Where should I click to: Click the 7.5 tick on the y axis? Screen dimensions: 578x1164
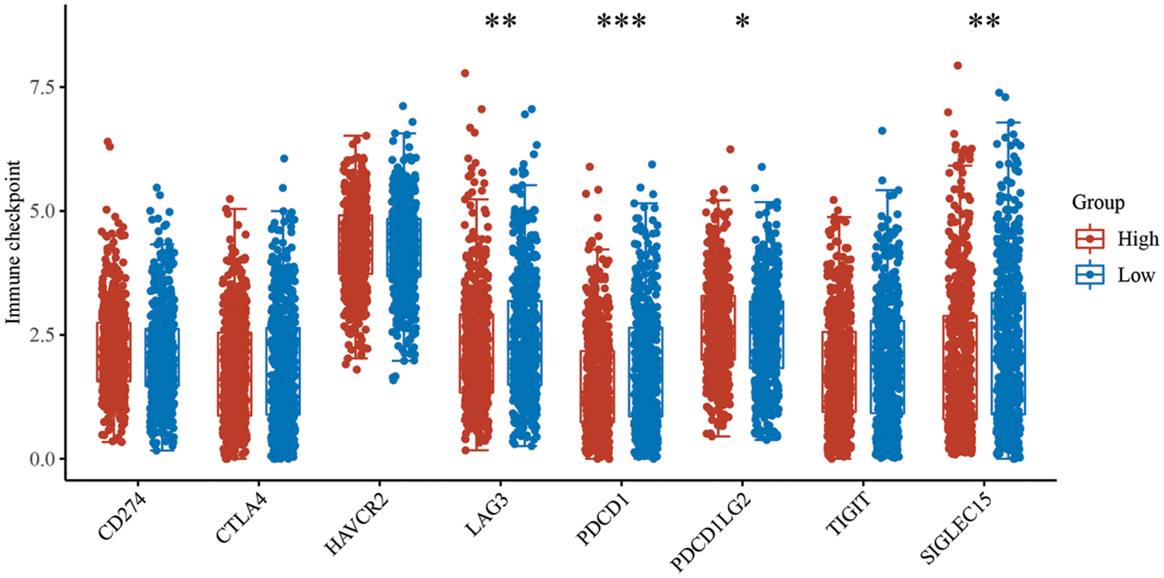(x=36, y=87)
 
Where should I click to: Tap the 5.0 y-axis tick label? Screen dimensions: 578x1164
(x=36, y=211)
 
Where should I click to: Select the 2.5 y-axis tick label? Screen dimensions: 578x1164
(x=36, y=335)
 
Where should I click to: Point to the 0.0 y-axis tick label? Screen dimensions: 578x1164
(x=36, y=459)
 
